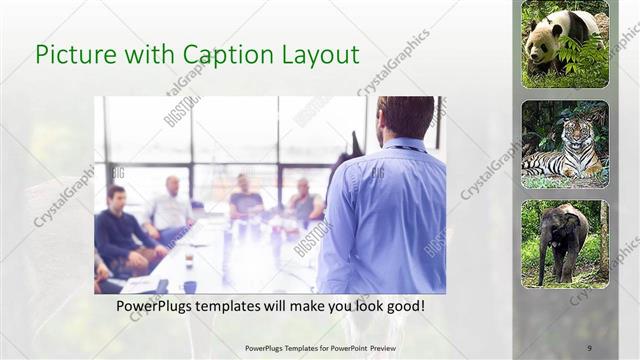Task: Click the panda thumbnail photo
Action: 565,44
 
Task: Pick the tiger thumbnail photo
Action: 565,144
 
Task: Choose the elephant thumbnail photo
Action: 565,244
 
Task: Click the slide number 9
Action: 588,348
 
